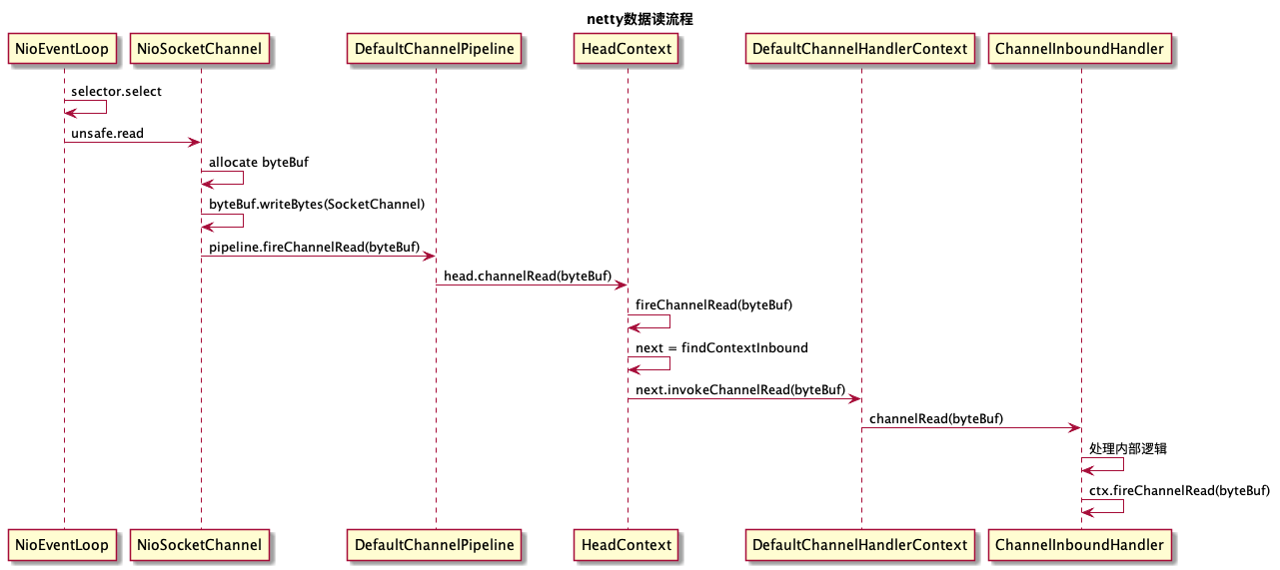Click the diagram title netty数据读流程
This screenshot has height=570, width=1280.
(x=640, y=18)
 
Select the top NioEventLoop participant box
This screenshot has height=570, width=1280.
(x=63, y=48)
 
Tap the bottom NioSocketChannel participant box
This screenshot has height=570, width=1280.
(x=200, y=545)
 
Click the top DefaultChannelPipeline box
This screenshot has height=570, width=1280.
(x=435, y=48)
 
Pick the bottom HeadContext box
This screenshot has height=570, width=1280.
(x=628, y=545)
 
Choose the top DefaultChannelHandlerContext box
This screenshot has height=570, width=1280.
(x=860, y=48)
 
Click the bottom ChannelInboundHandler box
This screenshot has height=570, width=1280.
(x=1080, y=545)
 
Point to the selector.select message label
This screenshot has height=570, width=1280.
(x=116, y=92)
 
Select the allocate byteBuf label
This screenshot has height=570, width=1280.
(x=252, y=162)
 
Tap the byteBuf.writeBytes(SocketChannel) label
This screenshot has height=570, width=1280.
(x=317, y=205)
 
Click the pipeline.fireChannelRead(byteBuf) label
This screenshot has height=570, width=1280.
(x=314, y=247)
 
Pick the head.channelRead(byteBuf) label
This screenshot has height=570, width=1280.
(x=528, y=277)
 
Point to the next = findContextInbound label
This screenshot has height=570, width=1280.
(x=721, y=348)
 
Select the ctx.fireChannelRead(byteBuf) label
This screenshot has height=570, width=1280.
(x=1179, y=490)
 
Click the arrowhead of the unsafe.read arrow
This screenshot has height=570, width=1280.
(x=196, y=143)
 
